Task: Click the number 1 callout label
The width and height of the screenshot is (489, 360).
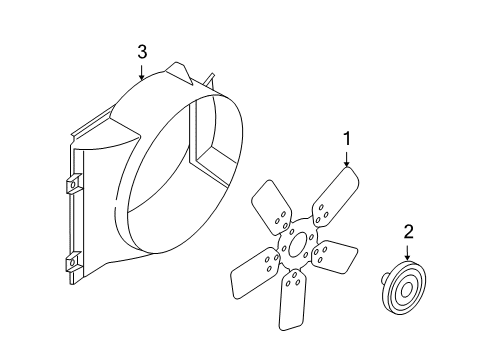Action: point(346,139)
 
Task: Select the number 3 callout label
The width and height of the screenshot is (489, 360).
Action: point(143,50)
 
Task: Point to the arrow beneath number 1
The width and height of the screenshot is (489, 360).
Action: point(346,157)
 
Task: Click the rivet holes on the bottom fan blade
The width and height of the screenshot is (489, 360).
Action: point(294,286)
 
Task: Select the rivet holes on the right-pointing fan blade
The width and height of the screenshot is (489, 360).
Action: point(325,254)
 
